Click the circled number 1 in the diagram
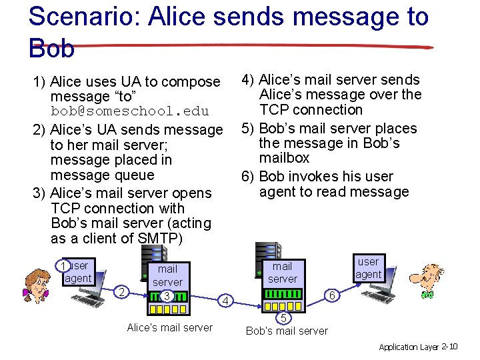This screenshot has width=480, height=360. pos(62,267)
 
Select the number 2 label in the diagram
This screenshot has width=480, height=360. pos(121,291)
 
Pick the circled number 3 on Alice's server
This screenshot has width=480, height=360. pos(167,295)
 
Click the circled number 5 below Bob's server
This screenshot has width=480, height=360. pos(283,317)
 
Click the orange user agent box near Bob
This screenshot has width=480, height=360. pos(368,268)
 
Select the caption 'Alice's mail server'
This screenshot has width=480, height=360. pos(169,327)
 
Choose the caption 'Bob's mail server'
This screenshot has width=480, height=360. pos(287,331)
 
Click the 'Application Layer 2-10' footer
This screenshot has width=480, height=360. pos(418,347)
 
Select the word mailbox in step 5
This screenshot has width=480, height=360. pos(285,158)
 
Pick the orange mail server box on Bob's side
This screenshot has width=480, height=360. pos(283,272)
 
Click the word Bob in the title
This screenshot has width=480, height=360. pos(51,47)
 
